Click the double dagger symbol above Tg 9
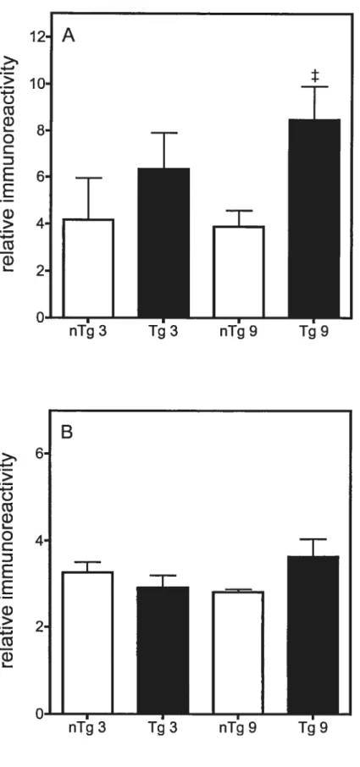tap(315, 76)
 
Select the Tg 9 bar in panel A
tap(314, 218)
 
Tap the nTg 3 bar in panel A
tap(89, 268)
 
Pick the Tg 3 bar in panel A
tap(163, 243)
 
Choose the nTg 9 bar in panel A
tap(239, 272)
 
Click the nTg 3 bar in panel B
tap(88, 643)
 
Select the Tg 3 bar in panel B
tap(163, 650)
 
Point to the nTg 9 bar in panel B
tap(238, 653)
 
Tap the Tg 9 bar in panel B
tap(313, 635)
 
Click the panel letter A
tap(69, 36)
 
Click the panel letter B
tap(68, 433)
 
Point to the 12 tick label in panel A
tap(36, 36)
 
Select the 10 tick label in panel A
tap(36, 84)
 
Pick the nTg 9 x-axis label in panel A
tap(238, 332)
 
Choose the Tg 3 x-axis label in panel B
tap(163, 727)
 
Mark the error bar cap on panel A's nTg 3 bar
tap(89, 178)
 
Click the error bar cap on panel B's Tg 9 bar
tap(313, 539)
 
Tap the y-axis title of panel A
tap(9, 165)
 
